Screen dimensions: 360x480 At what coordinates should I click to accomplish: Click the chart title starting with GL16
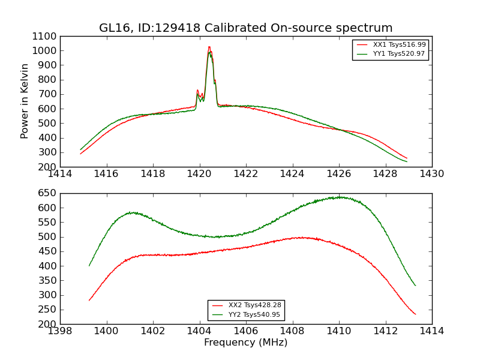pyautogui.click(x=245, y=28)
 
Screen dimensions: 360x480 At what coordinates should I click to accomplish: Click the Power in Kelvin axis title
pyautogui.click(x=25, y=101)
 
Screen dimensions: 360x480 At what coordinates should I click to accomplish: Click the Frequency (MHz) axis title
pyautogui.click(x=245, y=343)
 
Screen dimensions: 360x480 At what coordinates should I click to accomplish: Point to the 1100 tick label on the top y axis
pyautogui.click(x=44, y=37)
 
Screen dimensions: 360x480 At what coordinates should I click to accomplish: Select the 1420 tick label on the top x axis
pyautogui.click(x=200, y=174)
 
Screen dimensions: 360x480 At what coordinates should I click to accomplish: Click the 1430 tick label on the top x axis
pyautogui.click(x=431, y=174)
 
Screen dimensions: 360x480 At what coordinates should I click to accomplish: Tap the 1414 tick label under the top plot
pyautogui.click(x=61, y=174)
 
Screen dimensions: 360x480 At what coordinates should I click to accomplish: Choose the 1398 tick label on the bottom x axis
pyautogui.click(x=61, y=331)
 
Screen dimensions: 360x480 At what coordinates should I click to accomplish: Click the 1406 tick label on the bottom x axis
pyautogui.click(x=246, y=331)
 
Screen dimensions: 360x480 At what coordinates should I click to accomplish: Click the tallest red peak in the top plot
pyautogui.click(x=209, y=47)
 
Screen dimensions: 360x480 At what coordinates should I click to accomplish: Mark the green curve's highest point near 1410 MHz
pyautogui.click(x=340, y=197)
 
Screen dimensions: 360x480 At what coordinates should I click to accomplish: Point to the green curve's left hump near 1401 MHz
pyautogui.click(x=133, y=212)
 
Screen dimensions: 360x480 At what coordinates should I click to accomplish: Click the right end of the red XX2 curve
pyautogui.click(x=415, y=314)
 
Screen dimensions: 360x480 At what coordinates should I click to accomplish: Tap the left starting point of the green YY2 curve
pyautogui.click(x=89, y=266)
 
